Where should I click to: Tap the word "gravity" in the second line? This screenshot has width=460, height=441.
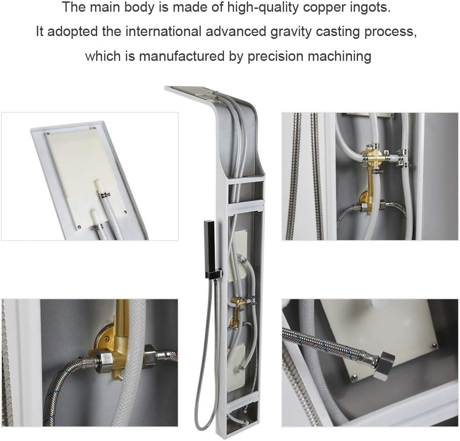291,32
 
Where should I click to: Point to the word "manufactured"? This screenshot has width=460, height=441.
182,56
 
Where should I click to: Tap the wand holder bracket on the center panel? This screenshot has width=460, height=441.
218,273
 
